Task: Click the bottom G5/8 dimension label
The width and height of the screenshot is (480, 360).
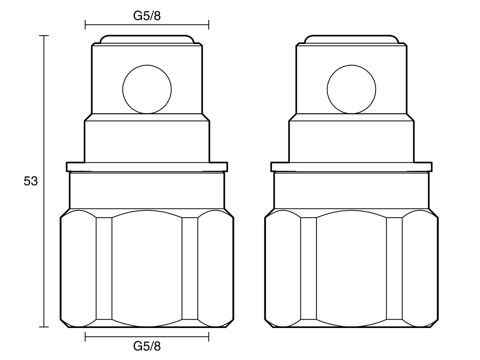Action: point(147,346)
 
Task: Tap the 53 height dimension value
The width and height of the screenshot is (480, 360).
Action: point(30,181)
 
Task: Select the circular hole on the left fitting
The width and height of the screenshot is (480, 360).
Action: point(147,89)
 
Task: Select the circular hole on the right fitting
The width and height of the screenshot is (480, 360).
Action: point(351,89)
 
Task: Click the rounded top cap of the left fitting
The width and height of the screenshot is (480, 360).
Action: point(147,39)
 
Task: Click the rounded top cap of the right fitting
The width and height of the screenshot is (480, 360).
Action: point(351,39)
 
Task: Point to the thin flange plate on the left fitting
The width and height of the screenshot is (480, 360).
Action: point(147,166)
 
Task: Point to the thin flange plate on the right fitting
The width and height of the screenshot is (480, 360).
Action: point(351,166)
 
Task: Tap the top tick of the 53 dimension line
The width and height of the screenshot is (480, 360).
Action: point(44,36)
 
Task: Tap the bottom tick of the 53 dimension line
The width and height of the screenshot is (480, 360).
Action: point(44,327)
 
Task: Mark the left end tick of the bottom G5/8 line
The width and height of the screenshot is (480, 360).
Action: point(85,337)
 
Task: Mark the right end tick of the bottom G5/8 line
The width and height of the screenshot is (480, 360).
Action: point(208,337)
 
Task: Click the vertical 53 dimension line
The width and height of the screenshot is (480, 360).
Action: point(44,120)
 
